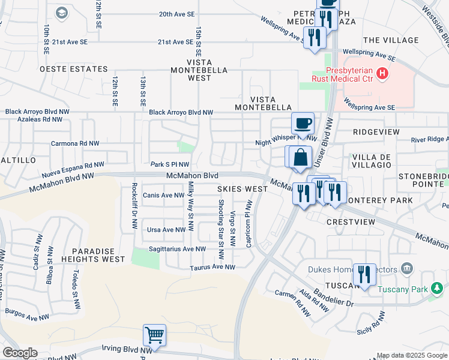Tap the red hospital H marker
(x=382, y=74)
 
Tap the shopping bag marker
(x=300, y=157)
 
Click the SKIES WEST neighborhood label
(x=243, y=189)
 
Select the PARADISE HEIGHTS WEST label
(x=98, y=254)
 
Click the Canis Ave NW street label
(x=164, y=196)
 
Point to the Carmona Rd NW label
(x=74, y=144)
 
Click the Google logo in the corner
(x=20, y=352)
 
